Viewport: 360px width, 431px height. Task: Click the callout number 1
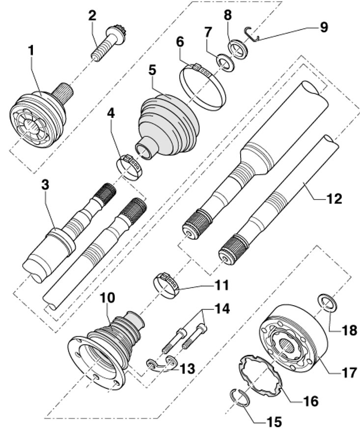(x=31, y=51)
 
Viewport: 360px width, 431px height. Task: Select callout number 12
(x=334, y=199)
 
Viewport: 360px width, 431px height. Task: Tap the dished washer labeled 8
(x=238, y=50)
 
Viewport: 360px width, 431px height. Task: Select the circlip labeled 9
(x=252, y=35)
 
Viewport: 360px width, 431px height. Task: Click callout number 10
(x=107, y=298)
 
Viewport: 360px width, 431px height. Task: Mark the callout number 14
(x=222, y=309)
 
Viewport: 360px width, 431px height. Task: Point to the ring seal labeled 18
(x=326, y=302)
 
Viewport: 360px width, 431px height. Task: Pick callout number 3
(x=45, y=185)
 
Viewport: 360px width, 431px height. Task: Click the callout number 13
(x=187, y=369)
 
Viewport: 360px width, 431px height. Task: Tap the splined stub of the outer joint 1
(x=62, y=92)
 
